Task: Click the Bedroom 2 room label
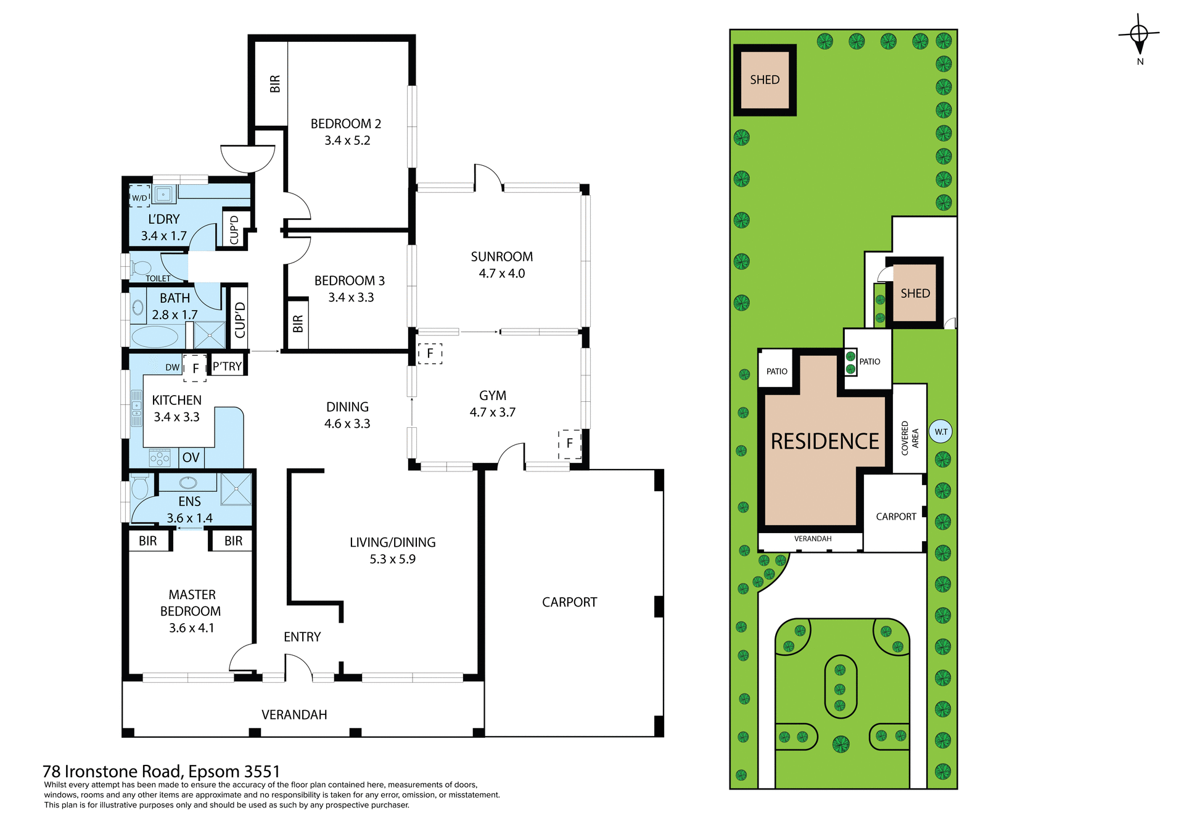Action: [x=346, y=125]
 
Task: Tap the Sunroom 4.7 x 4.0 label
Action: [x=501, y=265]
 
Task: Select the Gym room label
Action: [x=492, y=396]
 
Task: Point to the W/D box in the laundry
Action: [x=140, y=197]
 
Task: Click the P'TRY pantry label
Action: [x=227, y=367]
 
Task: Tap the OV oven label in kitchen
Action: [x=191, y=458]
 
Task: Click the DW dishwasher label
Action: [x=172, y=367]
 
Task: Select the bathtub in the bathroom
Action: [x=154, y=337]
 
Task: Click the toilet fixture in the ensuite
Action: [x=139, y=487]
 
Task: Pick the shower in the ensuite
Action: [x=236, y=489]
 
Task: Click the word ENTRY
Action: [x=302, y=637]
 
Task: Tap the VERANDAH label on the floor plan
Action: [x=294, y=715]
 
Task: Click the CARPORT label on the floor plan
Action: [x=569, y=602]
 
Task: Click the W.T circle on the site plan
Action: [x=940, y=432]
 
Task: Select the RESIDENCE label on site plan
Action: [x=824, y=441]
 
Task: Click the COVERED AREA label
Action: [x=910, y=438]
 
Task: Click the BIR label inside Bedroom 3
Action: [x=298, y=324]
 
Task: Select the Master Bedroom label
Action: [x=191, y=611]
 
